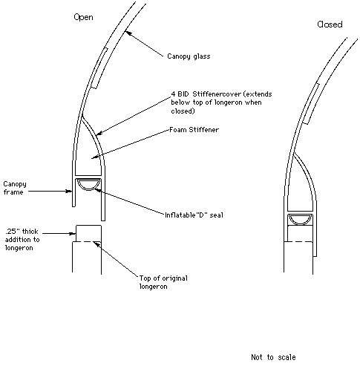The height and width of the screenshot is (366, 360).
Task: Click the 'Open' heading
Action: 83,17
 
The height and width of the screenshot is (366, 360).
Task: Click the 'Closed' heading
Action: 330,24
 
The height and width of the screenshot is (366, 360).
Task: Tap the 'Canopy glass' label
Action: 189,56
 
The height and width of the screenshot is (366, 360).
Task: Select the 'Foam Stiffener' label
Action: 194,130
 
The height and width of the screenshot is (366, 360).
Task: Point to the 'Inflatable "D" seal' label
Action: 194,215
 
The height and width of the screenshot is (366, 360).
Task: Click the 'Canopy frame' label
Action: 15,188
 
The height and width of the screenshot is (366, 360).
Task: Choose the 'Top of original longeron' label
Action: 163,282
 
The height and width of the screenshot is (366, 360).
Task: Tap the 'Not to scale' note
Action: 273,357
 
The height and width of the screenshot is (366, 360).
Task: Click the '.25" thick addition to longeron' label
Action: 22,240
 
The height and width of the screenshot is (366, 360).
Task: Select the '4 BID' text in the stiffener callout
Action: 180,94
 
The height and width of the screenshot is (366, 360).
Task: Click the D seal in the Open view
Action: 88,185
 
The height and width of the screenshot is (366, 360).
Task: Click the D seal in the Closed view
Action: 300,220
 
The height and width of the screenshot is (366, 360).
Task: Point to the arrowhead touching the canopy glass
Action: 127,33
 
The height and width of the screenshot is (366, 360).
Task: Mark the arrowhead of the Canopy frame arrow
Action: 68,191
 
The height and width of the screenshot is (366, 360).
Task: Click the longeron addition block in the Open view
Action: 88,233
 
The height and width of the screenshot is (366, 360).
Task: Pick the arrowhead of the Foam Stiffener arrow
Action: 94,157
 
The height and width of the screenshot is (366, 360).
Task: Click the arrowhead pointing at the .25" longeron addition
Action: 72,233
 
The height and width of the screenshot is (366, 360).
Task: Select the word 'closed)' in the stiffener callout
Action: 183,111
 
